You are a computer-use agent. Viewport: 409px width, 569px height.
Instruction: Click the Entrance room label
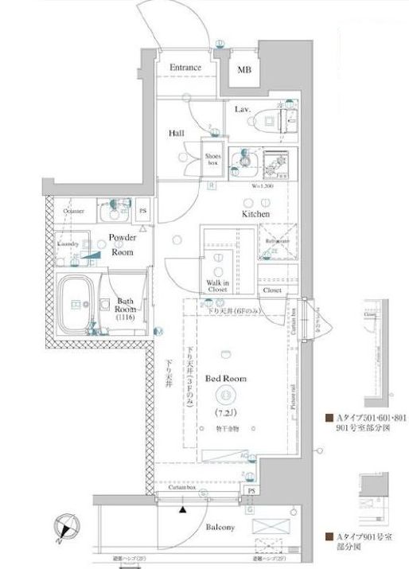point(186,69)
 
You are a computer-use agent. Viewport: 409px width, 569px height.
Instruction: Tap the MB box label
point(245,69)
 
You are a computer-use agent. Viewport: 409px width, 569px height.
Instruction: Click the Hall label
point(177,134)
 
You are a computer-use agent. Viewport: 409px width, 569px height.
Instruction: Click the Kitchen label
point(256,214)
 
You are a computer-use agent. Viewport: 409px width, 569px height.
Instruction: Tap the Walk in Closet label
point(218,286)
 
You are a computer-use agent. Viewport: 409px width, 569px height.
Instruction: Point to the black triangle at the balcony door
point(183,508)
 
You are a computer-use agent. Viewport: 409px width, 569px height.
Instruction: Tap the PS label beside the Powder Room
point(144,211)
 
